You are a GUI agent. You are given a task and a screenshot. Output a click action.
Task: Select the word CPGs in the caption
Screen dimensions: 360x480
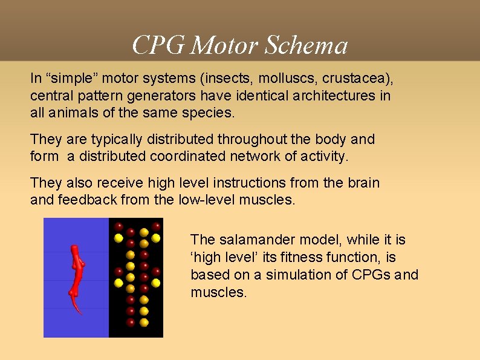[371, 275]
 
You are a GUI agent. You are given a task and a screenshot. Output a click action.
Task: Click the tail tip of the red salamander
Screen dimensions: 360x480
[80, 313]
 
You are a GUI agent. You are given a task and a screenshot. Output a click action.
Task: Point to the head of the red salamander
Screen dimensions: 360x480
[76, 249]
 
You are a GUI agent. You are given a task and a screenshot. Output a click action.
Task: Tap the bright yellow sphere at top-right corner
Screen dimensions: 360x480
[157, 238]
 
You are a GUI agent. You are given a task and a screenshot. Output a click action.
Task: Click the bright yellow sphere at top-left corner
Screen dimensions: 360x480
[118, 238]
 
